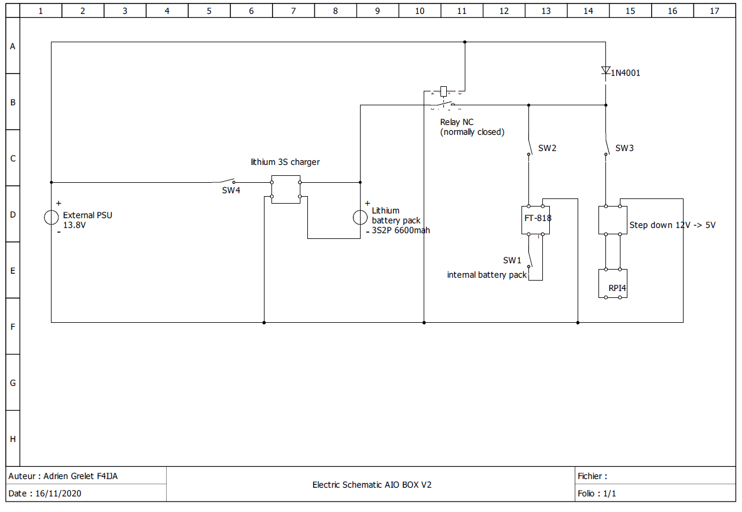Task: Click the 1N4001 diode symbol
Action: pos(606,71)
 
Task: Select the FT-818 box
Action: pos(536,220)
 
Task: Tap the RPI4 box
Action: pos(613,283)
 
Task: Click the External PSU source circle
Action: pos(52,218)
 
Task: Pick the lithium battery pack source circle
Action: pos(360,218)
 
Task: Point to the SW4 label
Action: pos(231,190)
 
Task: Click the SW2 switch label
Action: pos(547,148)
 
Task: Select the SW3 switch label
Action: pos(625,148)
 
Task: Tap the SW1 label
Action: pos(512,260)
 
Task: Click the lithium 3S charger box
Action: pos(286,189)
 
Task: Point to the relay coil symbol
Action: pos(444,91)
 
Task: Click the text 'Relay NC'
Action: pos(457,122)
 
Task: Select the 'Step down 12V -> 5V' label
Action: pos(672,225)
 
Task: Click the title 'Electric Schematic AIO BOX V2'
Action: pos(372,485)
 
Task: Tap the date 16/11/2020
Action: pos(58,493)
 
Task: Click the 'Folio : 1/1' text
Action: pos(597,493)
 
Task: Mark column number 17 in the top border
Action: pos(715,10)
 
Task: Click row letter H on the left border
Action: pos(13,439)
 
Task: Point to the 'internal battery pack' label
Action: pos(487,275)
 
